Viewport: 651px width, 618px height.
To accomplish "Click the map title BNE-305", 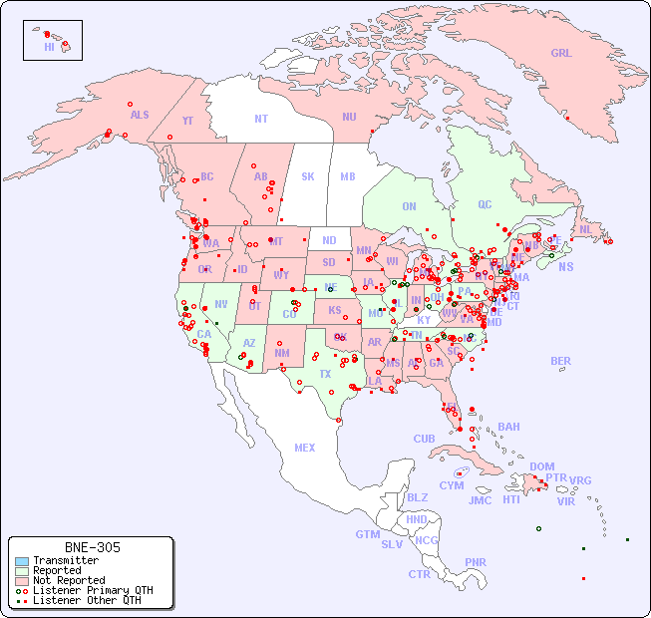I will (x=93, y=547).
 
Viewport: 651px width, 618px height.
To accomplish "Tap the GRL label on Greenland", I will (x=561, y=54).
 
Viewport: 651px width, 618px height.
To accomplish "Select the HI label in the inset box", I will (x=49, y=46).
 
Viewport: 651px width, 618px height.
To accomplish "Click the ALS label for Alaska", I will (x=140, y=115).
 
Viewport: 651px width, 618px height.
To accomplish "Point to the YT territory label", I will (x=187, y=121).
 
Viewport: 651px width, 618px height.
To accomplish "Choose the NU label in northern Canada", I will (x=349, y=117).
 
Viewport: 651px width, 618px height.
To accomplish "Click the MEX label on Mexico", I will (x=305, y=448).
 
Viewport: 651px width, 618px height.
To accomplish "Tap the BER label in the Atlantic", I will (x=561, y=361).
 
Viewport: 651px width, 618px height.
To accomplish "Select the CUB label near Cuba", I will (x=424, y=439).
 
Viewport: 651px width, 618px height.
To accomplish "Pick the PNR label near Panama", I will (x=476, y=562).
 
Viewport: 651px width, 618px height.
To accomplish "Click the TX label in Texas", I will (x=325, y=374).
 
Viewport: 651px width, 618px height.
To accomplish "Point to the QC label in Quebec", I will (x=485, y=204).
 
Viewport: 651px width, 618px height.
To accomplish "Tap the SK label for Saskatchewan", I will (x=308, y=176).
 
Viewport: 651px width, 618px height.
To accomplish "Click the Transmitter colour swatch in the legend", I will (x=21, y=561).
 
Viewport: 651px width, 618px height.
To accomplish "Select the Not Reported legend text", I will (x=69, y=580).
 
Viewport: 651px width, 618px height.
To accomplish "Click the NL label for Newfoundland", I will (x=585, y=229).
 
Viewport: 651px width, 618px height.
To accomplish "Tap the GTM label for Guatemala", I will (x=367, y=534).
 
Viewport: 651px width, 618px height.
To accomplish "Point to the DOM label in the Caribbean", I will (x=541, y=466).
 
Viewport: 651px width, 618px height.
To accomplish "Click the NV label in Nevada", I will (x=221, y=304).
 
